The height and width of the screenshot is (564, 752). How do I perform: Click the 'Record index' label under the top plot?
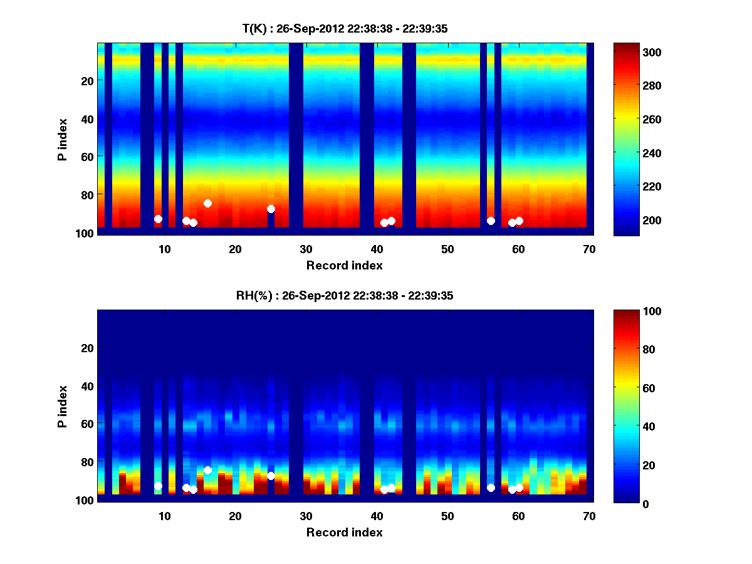(x=344, y=265)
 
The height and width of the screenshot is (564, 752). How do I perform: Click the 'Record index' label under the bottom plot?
(x=344, y=532)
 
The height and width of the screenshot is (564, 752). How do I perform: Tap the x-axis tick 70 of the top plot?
(x=589, y=249)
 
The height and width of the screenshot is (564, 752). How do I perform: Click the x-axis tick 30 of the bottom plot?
(x=306, y=516)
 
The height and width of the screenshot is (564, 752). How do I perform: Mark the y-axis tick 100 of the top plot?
(x=86, y=233)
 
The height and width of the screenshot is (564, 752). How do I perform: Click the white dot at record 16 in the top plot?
(x=207, y=203)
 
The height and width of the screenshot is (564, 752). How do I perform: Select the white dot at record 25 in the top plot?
(x=271, y=209)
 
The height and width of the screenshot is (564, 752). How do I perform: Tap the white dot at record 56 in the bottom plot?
(x=491, y=488)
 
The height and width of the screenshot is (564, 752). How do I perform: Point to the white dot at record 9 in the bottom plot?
(x=158, y=486)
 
